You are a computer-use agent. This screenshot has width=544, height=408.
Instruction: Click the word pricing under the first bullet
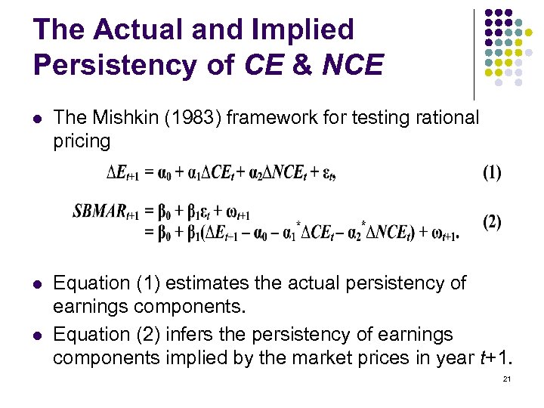click(81, 140)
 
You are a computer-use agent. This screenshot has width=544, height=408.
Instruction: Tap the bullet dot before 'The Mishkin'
click(37, 118)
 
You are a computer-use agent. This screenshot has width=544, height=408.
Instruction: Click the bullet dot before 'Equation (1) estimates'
click(37, 283)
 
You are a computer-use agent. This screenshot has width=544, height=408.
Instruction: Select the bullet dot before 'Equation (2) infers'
click(37, 334)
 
